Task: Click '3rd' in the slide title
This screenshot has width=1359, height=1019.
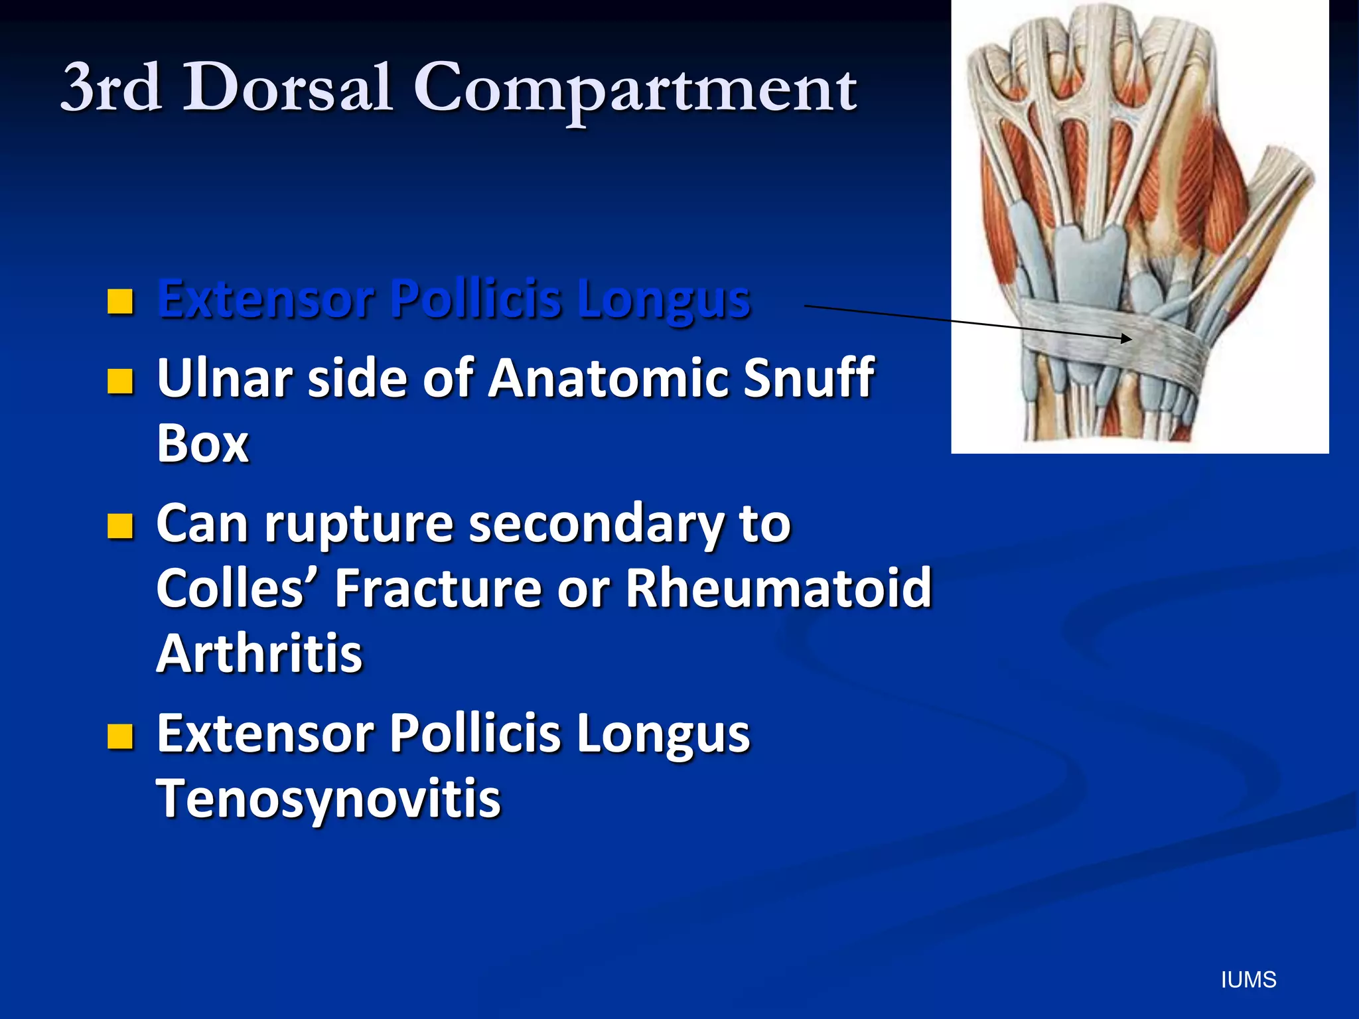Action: tap(111, 88)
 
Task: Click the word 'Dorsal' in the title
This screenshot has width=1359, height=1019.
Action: tap(287, 88)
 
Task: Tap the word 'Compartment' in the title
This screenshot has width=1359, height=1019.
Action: tap(635, 90)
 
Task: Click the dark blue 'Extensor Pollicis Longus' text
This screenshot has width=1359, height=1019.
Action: tap(454, 299)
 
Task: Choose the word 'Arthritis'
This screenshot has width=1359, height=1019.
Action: tap(259, 653)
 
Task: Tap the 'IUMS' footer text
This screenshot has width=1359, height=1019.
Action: tap(1248, 980)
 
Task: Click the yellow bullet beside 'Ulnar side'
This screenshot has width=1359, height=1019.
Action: tap(120, 381)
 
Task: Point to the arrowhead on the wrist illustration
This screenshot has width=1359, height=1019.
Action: tap(1127, 339)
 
